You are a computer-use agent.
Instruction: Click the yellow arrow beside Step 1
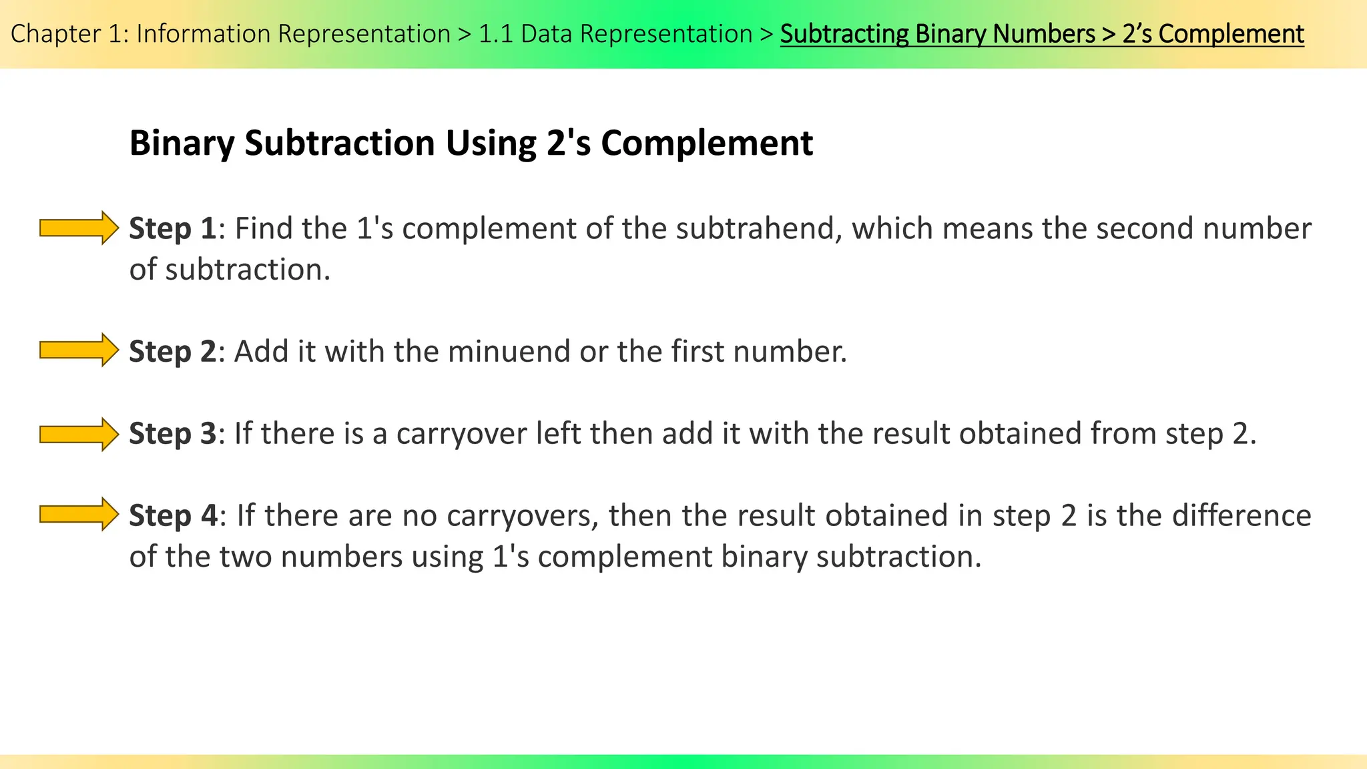(79, 228)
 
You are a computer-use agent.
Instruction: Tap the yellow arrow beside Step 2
(79, 350)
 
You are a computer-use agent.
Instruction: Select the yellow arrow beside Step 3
(79, 434)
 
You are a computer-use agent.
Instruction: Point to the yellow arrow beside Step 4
(79, 514)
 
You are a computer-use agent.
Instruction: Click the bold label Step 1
(172, 228)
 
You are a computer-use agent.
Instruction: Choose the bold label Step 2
(172, 351)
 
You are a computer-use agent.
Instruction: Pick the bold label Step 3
(172, 433)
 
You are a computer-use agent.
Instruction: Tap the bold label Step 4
(172, 515)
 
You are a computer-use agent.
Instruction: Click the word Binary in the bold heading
(182, 144)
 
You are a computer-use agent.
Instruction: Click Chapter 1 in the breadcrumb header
(69, 34)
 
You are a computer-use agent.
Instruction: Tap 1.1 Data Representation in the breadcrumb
(615, 34)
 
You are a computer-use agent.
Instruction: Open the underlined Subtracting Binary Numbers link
(937, 34)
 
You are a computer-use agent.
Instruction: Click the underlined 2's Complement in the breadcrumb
(1213, 34)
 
